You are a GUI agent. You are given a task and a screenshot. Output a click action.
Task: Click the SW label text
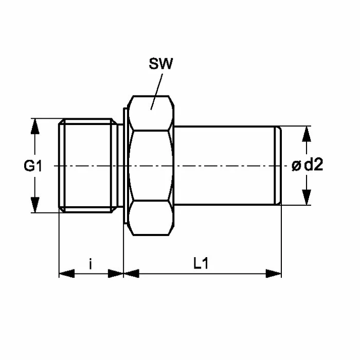click(160, 64)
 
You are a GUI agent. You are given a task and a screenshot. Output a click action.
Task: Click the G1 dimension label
click(33, 166)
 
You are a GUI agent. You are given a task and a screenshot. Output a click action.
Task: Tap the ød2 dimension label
click(308, 165)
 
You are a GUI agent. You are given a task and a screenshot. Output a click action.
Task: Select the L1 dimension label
click(201, 263)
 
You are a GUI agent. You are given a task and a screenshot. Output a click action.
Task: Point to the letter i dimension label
click(91, 263)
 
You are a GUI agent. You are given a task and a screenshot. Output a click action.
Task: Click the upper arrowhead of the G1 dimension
click(35, 127)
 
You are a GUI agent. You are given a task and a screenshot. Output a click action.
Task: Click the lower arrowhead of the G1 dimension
click(35, 205)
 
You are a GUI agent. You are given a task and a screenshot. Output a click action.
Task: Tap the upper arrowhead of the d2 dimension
click(307, 134)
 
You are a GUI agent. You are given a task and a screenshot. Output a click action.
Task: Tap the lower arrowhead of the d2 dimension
click(307, 197)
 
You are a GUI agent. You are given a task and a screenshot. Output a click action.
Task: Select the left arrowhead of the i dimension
click(67, 274)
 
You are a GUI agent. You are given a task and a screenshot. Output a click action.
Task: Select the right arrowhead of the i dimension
click(116, 274)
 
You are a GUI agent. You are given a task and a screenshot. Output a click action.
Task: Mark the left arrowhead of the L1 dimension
click(131, 274)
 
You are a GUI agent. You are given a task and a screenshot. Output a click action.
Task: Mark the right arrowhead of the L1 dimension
click(274, 274)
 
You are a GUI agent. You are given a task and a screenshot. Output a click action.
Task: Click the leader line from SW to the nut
click(156, 92)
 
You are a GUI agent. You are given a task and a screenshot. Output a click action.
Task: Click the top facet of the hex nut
click(151, 113)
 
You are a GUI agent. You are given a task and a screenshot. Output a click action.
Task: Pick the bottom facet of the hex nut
click(151, 218)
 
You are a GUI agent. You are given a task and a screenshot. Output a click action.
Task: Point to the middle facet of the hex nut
click(151, 166)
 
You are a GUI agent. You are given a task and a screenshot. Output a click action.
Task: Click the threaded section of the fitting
click(88, 166)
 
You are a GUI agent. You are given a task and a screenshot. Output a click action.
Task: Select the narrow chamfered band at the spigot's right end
click(278, 165)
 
